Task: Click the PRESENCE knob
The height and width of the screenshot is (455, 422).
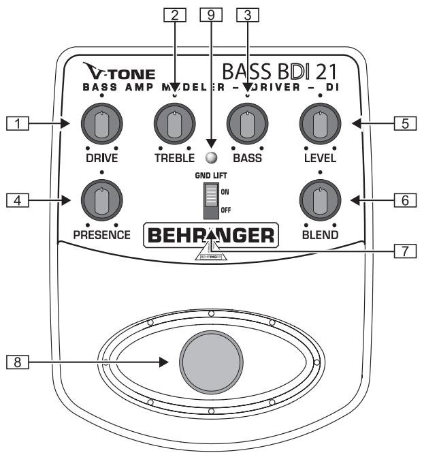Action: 101,200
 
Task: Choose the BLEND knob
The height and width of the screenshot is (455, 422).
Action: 319,200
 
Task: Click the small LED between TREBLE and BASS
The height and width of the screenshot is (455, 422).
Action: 211,158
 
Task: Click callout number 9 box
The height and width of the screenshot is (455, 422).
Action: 210,14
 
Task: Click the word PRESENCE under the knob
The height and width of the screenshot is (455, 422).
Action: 101,236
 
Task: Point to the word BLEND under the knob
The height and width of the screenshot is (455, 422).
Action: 319,236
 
